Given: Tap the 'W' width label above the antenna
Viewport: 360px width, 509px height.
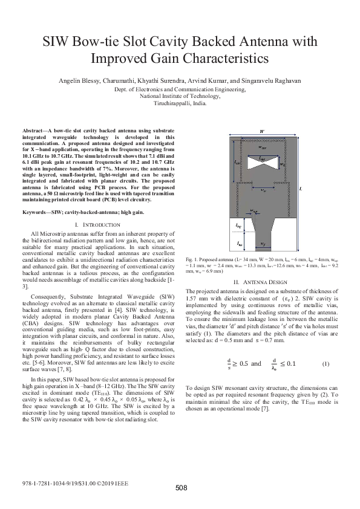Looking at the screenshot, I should tap(261, 130).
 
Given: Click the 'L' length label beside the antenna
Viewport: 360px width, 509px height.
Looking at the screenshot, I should tap(301, 189).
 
